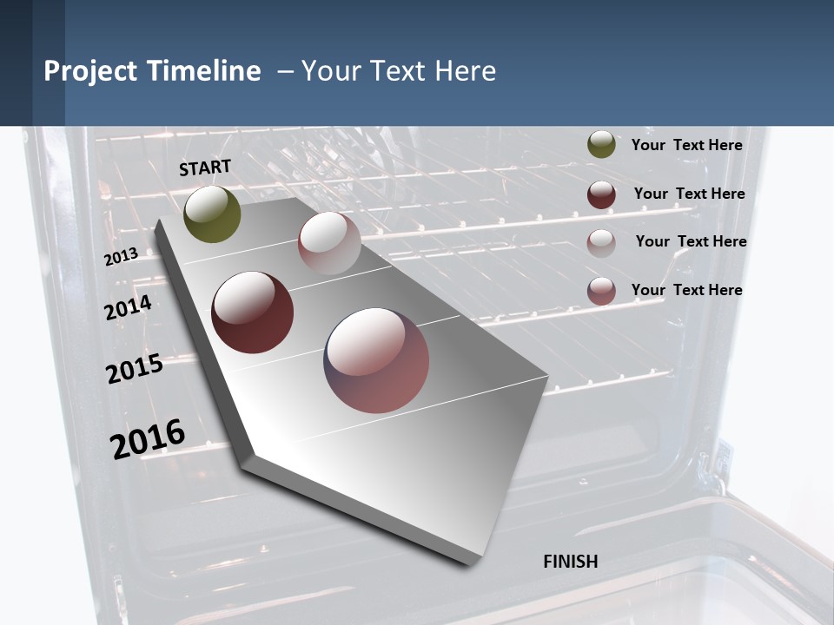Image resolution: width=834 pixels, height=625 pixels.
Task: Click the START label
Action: [x=205, y=168]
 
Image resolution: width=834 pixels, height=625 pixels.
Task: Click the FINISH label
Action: [x=571, y=562]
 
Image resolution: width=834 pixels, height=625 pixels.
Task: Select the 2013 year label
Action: [x=122, y=257]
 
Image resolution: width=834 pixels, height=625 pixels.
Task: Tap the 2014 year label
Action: [x=129, y=308]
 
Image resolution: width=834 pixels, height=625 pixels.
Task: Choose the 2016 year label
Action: [x=148, y=438]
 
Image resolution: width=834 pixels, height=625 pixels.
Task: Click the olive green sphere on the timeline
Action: [x=213, y=214]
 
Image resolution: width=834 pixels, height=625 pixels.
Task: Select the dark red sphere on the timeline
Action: [x=253, y=312]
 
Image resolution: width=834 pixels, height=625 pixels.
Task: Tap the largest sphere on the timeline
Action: [x=376, y=360]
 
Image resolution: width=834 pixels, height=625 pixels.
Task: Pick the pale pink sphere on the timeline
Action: [x=329, y=243]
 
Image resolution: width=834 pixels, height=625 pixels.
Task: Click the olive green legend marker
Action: [x=601, y=145]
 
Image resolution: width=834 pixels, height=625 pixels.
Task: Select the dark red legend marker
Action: [x=601, y=194]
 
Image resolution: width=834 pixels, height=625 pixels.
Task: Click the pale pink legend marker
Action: [x=601, y=242]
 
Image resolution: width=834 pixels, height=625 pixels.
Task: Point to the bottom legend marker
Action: [x=601, y=291]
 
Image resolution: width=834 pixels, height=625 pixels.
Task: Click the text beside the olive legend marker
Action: [x=686, y=145]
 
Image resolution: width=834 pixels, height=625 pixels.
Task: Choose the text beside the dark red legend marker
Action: [x=689, y=194]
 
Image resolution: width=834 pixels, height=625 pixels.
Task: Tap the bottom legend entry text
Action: [x=686, y=290]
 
